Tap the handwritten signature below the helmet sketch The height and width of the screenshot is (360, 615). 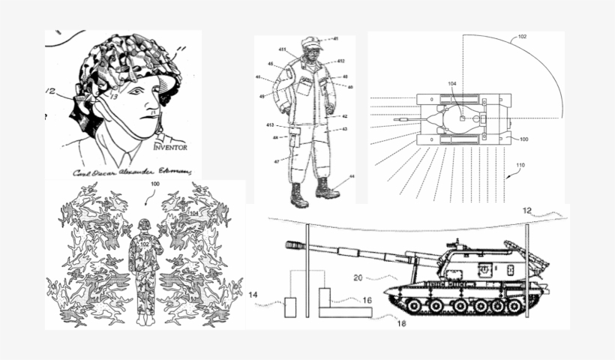point(131,172)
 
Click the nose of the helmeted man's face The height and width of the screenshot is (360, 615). point(155,100)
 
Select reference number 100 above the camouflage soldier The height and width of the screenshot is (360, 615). point(155,184)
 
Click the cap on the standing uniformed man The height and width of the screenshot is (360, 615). point(310,43)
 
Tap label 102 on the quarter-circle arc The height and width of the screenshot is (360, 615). point(522,36)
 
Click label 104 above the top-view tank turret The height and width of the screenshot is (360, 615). point(451,84)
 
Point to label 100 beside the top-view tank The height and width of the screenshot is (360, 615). point(523,139)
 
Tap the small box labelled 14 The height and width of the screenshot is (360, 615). point(290,307)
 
